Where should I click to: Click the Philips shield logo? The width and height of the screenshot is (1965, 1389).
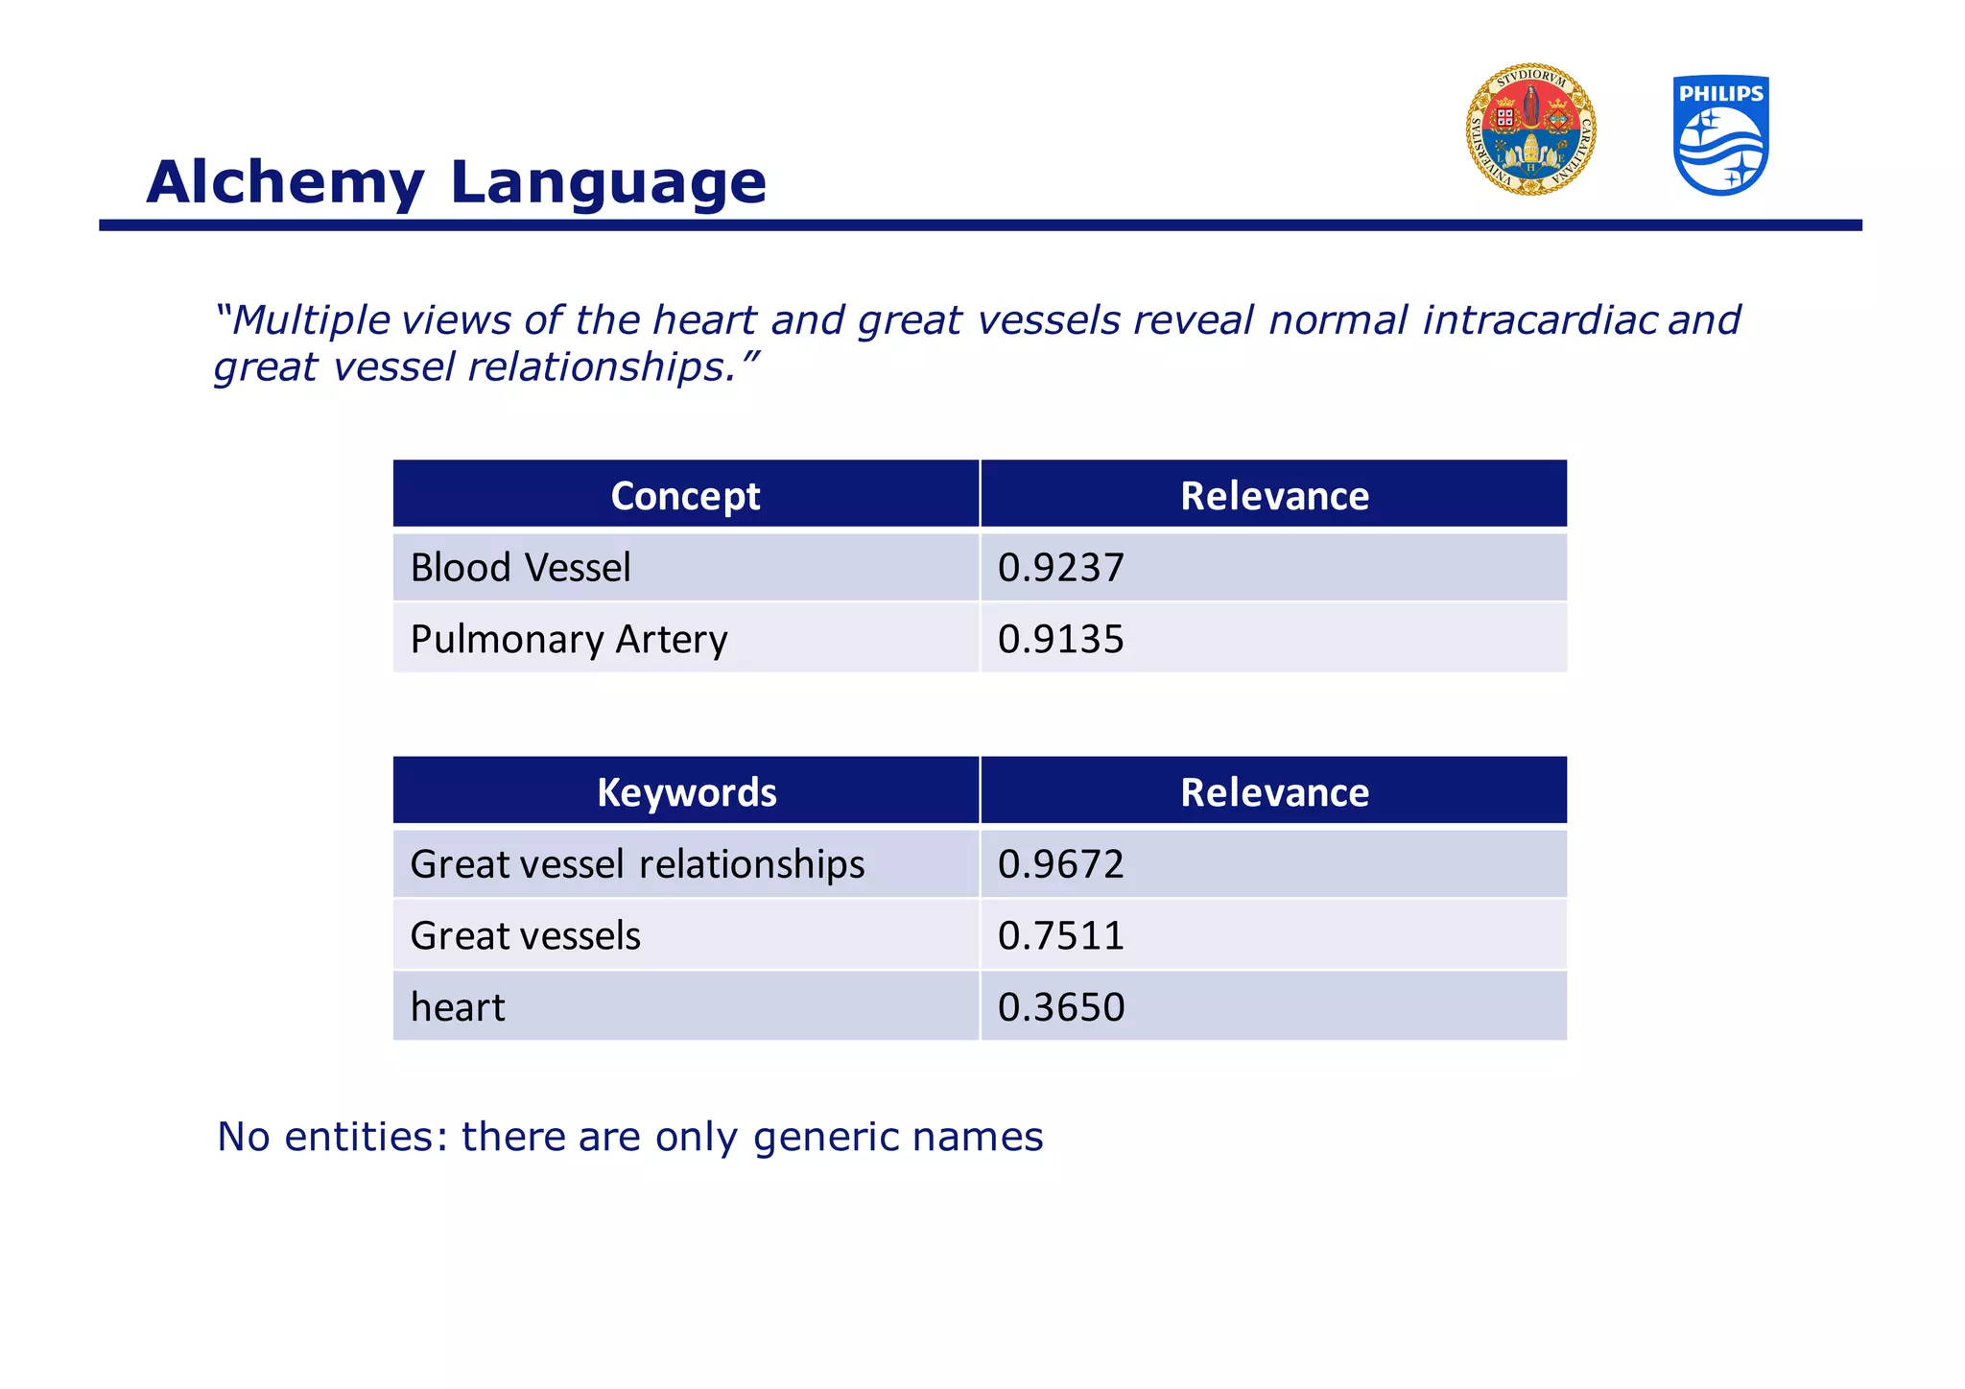pyautogui.click(x=1720, y=135)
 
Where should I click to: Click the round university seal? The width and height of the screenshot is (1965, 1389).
pyautogui.click(x=1530, y=130)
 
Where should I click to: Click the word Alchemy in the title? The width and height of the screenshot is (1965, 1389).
pyautogui.click(x=285, y=182)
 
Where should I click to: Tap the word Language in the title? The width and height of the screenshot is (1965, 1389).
pyautogui.click(x=608, y=182)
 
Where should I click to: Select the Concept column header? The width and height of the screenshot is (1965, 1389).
pyautogui.click(x=685, y=496)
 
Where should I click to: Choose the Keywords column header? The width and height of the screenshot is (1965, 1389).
pyautogui.click(x=686, y=792)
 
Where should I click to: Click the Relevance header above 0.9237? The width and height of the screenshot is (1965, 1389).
pyautogui.click(x=1274, y=496)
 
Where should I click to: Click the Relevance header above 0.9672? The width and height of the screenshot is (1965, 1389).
pyautogui.click(x=1274, y=792)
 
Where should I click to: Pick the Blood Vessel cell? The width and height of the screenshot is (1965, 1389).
pyautogui.click(x=520, y=568)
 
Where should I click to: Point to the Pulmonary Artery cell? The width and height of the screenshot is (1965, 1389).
pyautogui.click(x=569, y=639)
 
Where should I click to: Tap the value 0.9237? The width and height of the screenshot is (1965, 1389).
pyautogui.click(x=1060, y=568)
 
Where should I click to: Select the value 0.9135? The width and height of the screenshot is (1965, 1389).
pyautogui.click(x=1060, y=639)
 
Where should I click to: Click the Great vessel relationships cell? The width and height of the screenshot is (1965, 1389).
pyautogui.click(x=637, y=864)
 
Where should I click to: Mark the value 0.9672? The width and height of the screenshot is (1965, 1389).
pyautogui.click(x=1060, y=864)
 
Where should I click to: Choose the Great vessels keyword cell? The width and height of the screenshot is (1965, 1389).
pyautogui.click(x=525, y=935)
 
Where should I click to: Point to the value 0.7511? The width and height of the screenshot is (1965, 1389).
pyautogui.click(x=1060, y=935)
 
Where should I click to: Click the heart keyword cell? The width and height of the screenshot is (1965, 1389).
pyautogui.click(x=458, y=1007)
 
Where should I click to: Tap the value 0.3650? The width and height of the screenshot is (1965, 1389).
pyautogui.click(x=1060, y=1007)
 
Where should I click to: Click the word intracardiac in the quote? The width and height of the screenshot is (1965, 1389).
pyautogui.click(x=1539, y=320)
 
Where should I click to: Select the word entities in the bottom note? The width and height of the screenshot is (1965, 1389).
pyautogui.click(x=367, y=1137)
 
